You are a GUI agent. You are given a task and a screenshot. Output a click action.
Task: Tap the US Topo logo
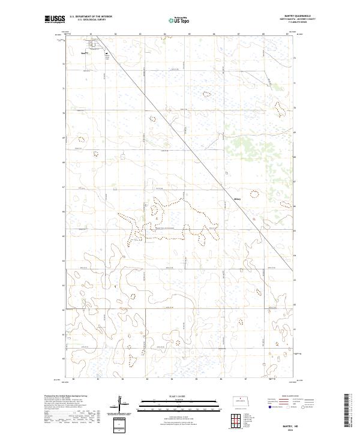tap(179, 20)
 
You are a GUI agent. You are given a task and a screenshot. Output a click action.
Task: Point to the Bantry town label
tap(85, 53)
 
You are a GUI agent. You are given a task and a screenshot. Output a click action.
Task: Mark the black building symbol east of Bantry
tap(106, 53)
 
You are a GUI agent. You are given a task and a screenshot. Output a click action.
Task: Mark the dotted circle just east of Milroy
tap(253, 194)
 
